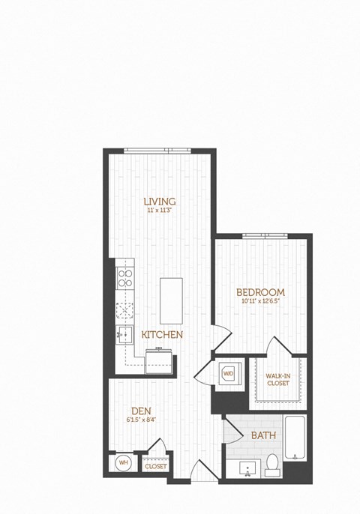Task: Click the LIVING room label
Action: click(160, 202)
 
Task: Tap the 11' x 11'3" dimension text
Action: click(160, 211)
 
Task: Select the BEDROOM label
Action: click(260, 291)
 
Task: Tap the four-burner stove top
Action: click(124, 279)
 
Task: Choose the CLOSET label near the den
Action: click(156, 465)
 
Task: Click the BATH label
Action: click(262, 435)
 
